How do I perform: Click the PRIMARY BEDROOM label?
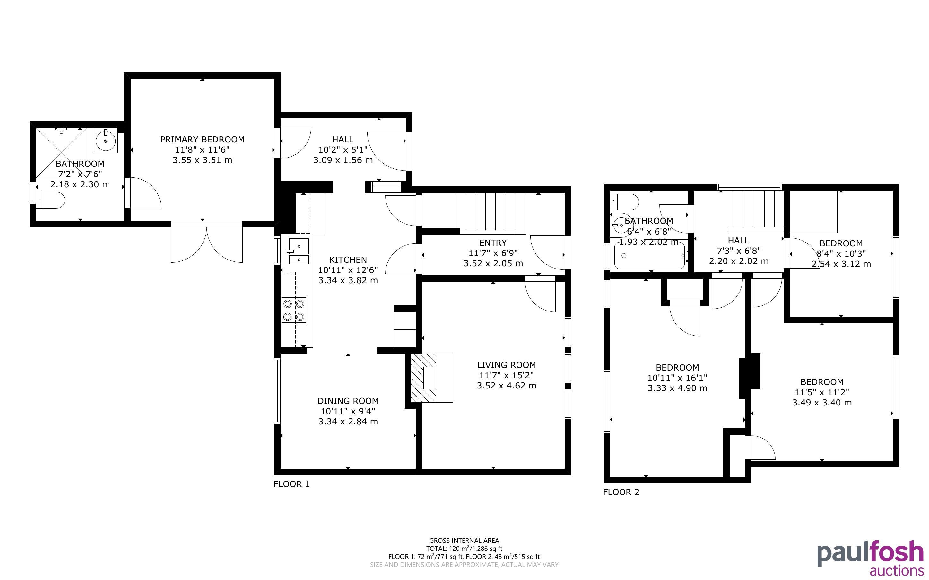202,139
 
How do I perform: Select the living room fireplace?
432,378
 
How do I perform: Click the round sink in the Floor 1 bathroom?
105,141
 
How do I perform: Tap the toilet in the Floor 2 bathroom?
624,200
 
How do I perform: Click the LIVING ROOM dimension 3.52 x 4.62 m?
507,386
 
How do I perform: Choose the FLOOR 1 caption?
291,484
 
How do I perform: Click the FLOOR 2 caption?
621,492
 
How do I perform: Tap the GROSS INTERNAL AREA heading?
464,541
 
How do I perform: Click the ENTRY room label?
493,243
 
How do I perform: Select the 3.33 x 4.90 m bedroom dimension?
677,388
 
